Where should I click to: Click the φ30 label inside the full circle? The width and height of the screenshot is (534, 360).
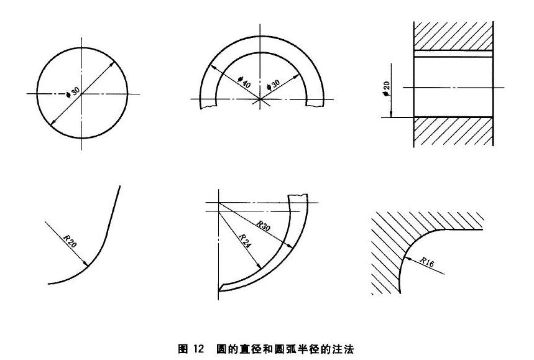pos(73,92)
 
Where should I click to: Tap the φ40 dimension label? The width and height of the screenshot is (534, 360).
pos(244,82)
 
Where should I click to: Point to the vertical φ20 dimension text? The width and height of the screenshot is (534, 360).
pos(386,88)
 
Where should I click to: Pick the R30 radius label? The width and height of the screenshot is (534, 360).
pos(263,226)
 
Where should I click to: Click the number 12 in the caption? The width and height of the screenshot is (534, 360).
pos(198,349)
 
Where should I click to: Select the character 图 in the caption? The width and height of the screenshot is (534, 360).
pos(183,349)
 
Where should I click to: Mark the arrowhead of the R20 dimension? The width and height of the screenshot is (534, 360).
pos(86,264)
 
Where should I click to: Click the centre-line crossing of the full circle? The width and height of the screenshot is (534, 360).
pos(81,94)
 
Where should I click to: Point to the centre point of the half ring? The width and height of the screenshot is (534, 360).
pos(260,99)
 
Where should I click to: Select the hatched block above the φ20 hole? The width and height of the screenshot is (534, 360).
pos(454,36)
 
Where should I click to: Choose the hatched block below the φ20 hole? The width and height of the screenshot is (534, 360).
pos(454,132)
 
